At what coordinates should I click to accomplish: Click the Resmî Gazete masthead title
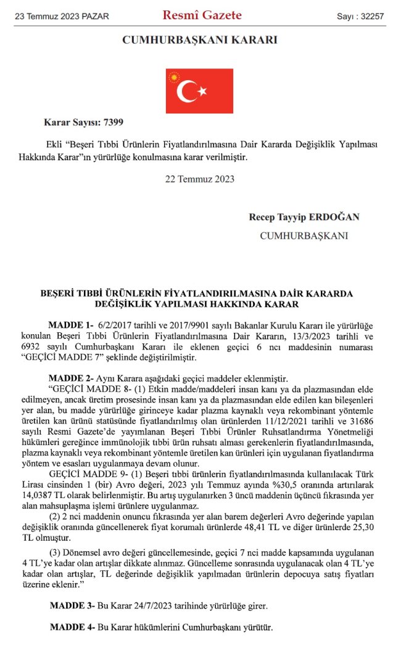[x=202, y=15]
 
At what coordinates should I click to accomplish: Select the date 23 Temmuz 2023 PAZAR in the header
[x=62, y=16]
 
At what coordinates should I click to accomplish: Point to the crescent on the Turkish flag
[x=188, y=91]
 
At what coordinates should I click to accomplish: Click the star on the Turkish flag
[x=202, y=92]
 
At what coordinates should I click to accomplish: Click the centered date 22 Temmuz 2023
[x=200, y=179]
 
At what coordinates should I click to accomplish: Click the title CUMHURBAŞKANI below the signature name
[x=304, y=235]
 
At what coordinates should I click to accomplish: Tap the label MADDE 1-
[x=70, y=325]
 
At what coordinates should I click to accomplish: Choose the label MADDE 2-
[x=70, y=377]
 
